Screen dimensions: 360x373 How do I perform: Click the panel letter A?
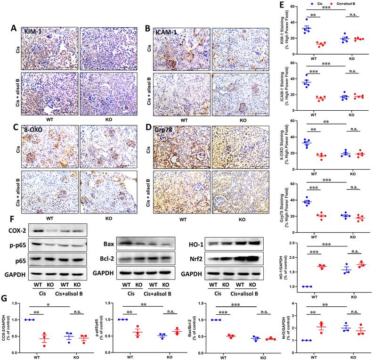[x=15, y=28]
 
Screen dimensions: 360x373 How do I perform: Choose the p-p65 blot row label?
[x=17, y=246]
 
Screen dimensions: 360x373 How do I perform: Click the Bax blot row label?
[x=108, y=244]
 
